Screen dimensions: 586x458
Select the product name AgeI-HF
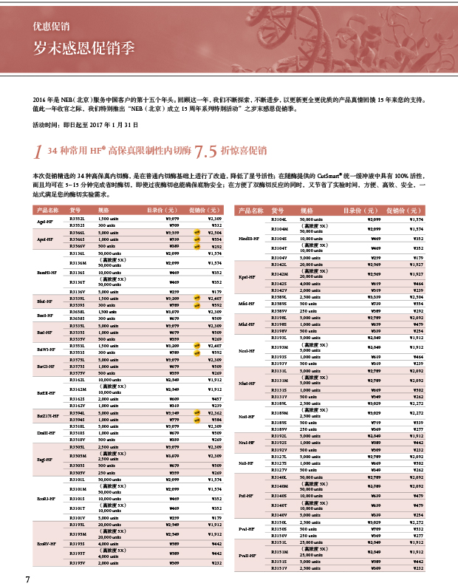(45, 222)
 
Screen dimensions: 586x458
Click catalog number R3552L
(78, 219)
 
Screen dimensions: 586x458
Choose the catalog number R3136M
(78, 263)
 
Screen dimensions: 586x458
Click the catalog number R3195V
(78, 563)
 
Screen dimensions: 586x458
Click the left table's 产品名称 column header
(47, 211)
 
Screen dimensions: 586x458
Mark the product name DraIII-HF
(45, 434)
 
